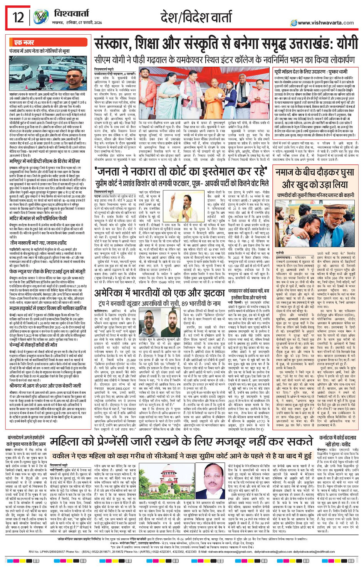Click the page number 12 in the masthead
point(18,17)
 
